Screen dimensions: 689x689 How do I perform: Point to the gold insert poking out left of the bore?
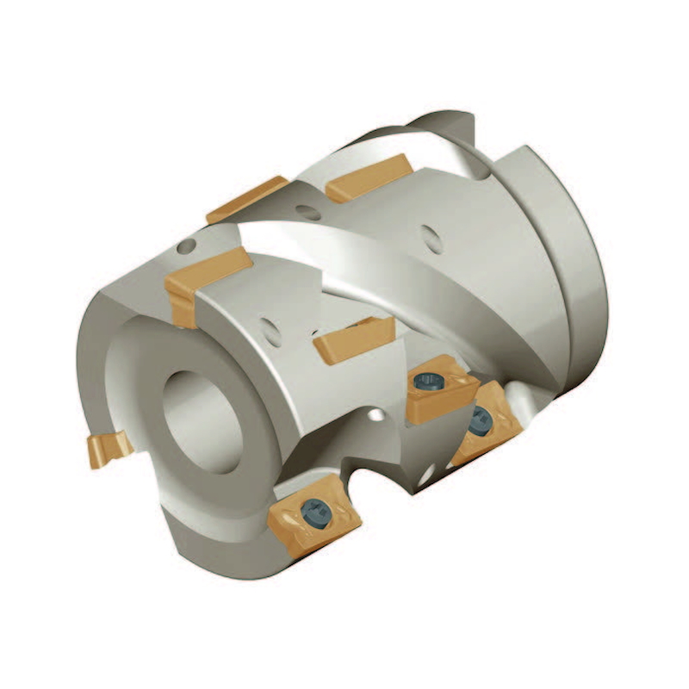[108, 449]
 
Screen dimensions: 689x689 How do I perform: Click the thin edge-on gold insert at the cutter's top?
[246, 200]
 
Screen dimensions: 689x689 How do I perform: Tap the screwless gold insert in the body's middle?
[353, 338]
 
